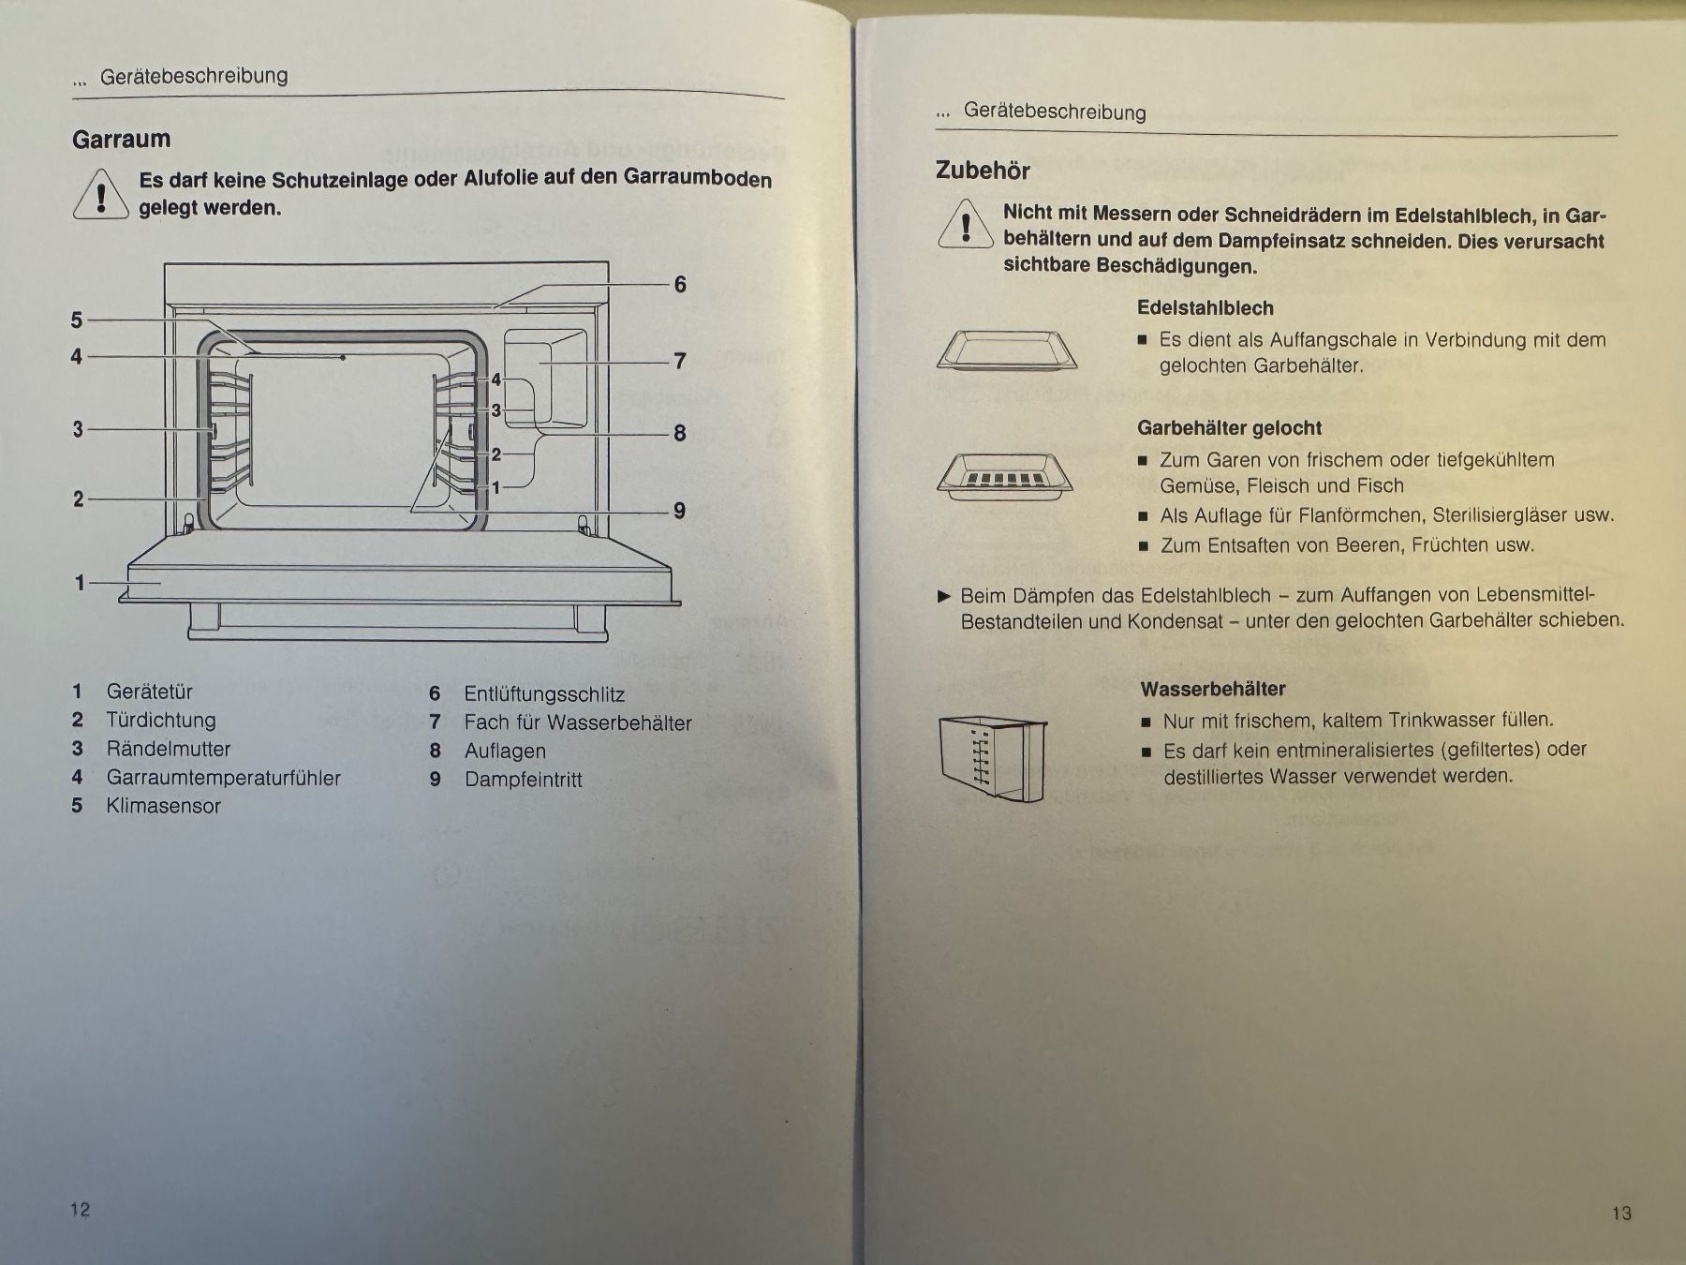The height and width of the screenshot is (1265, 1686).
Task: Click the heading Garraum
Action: click(x=122, y=140)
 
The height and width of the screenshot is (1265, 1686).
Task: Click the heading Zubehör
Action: click(x=983, y=171)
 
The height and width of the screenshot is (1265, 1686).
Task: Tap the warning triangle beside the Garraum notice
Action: click(x=100, y=196)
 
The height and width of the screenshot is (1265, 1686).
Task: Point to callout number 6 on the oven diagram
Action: click(x=680, y=284)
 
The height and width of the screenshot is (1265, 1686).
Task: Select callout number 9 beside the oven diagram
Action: click(x=680, y=511)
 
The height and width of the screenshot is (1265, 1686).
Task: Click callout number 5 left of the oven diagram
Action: click(x=77, y=320)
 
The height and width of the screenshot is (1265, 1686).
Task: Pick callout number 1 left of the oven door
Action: click(x=80, y=583)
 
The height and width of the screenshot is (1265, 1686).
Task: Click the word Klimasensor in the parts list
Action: click(x=164, y=806)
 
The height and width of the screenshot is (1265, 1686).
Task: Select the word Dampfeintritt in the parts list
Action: click(x=524, y=780)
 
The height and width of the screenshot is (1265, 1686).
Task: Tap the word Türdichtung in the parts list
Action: click(x=161, y=721)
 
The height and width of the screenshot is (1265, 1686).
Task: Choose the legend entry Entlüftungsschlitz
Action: click(x=544, y=694)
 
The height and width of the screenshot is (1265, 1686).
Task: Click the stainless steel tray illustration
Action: click(x=1007, y=351)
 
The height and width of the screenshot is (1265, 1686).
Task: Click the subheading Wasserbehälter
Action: click(x=1213, y=689)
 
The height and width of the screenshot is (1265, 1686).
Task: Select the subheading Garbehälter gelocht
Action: click(x=1229, y=428)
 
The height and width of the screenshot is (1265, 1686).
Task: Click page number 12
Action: click(x=81, y=1210)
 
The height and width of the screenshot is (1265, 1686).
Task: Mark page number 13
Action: click(x=1621, y=1213)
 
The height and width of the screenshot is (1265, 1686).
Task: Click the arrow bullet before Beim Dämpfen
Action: click(x=944, y=596)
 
